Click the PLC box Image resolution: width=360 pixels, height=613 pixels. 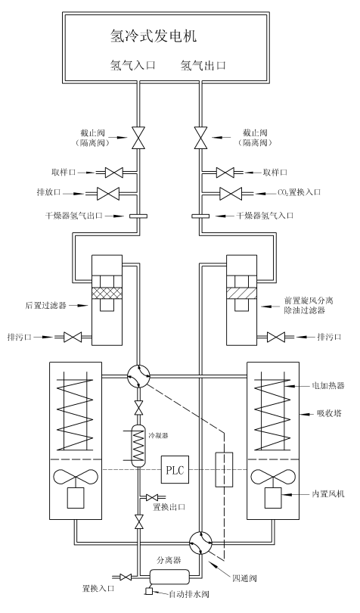(175, 469)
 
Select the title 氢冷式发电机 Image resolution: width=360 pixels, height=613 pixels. (154, 36)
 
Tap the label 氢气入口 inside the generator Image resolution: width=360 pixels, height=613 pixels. (133, 65)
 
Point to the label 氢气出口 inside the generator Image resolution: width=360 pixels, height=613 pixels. (203, 65)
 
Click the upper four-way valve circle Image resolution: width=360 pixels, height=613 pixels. (138, 376)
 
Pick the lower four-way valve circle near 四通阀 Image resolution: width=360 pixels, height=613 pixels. (200, 542)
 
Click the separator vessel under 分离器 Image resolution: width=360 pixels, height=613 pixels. (169, 574)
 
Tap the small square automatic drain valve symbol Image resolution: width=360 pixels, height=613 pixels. (148, 591)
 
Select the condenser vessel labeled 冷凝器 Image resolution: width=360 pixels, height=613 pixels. (138, 446)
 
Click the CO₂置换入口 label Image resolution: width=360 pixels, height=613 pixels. (299, 192)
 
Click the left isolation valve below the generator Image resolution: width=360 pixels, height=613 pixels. (138, 138)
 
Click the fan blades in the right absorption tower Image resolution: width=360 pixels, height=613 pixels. (273, 478)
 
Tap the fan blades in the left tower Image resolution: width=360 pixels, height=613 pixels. (76, 478)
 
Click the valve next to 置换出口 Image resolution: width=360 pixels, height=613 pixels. (151, 497)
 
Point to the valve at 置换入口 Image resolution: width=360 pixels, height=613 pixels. (126, 577)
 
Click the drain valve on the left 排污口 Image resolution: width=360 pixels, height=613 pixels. (72, 336)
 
